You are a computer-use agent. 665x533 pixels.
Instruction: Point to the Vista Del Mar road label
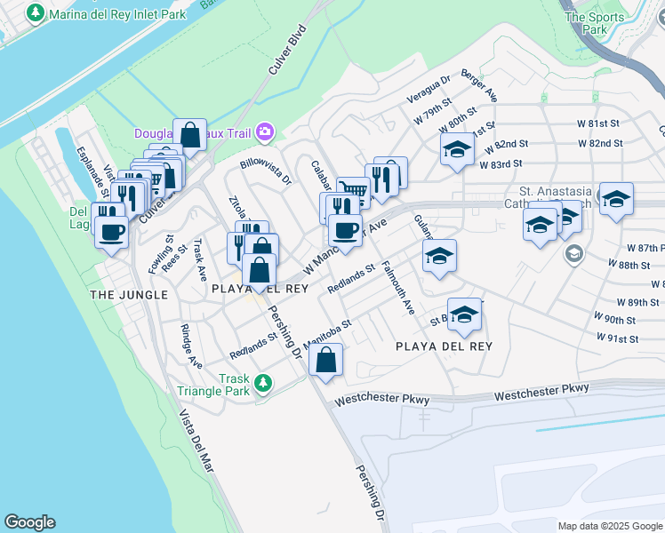pyautogui.click(x=197, y=445)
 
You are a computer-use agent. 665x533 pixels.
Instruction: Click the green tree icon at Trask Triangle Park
pyautogui.click(x=262, y=383)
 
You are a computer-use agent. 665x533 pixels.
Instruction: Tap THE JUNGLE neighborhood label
pyautogui.click(x=128, y=294)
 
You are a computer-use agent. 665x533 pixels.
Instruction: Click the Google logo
pyautogui.click(x=29, y=522)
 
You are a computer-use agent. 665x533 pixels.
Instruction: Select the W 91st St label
pyautogui.click(x=619, y=338)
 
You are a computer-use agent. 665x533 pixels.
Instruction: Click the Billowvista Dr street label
pyautogui.click(x=266, y=171)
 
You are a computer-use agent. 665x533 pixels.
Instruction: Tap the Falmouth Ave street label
pyautogui.click(x=397, y=288)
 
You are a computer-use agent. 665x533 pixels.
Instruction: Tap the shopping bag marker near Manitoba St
pyautogui.click(x=325, y=359)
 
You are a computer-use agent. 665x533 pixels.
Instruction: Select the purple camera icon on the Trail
pyautogui.click(x=265, y=132)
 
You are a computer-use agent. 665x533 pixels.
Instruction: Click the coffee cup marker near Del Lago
pyautogui.click(x=111, y=232)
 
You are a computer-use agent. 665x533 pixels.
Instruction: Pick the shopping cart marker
pyautogui.click(x=355, y=189)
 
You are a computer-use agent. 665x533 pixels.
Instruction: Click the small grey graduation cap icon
pyautogui.click(x=574, y=256)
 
